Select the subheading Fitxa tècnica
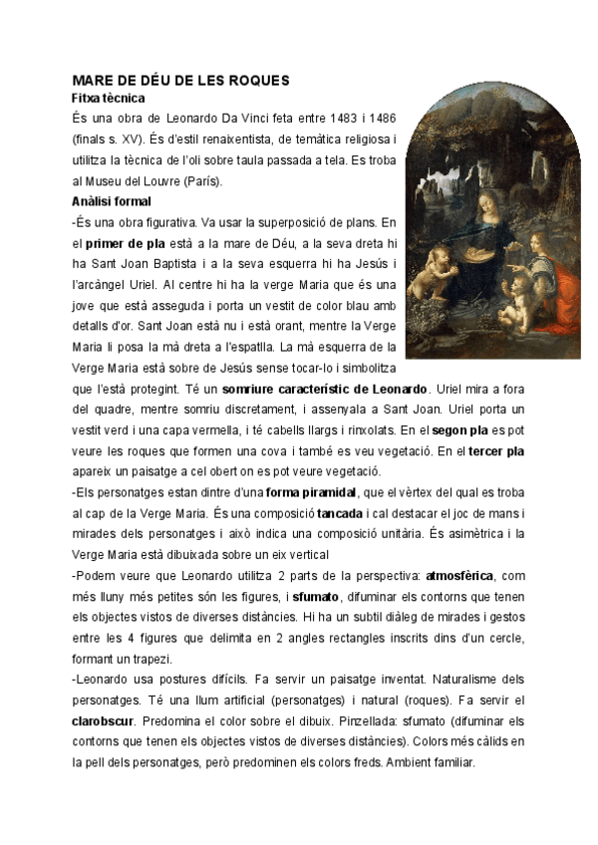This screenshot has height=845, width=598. click(109, 99)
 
